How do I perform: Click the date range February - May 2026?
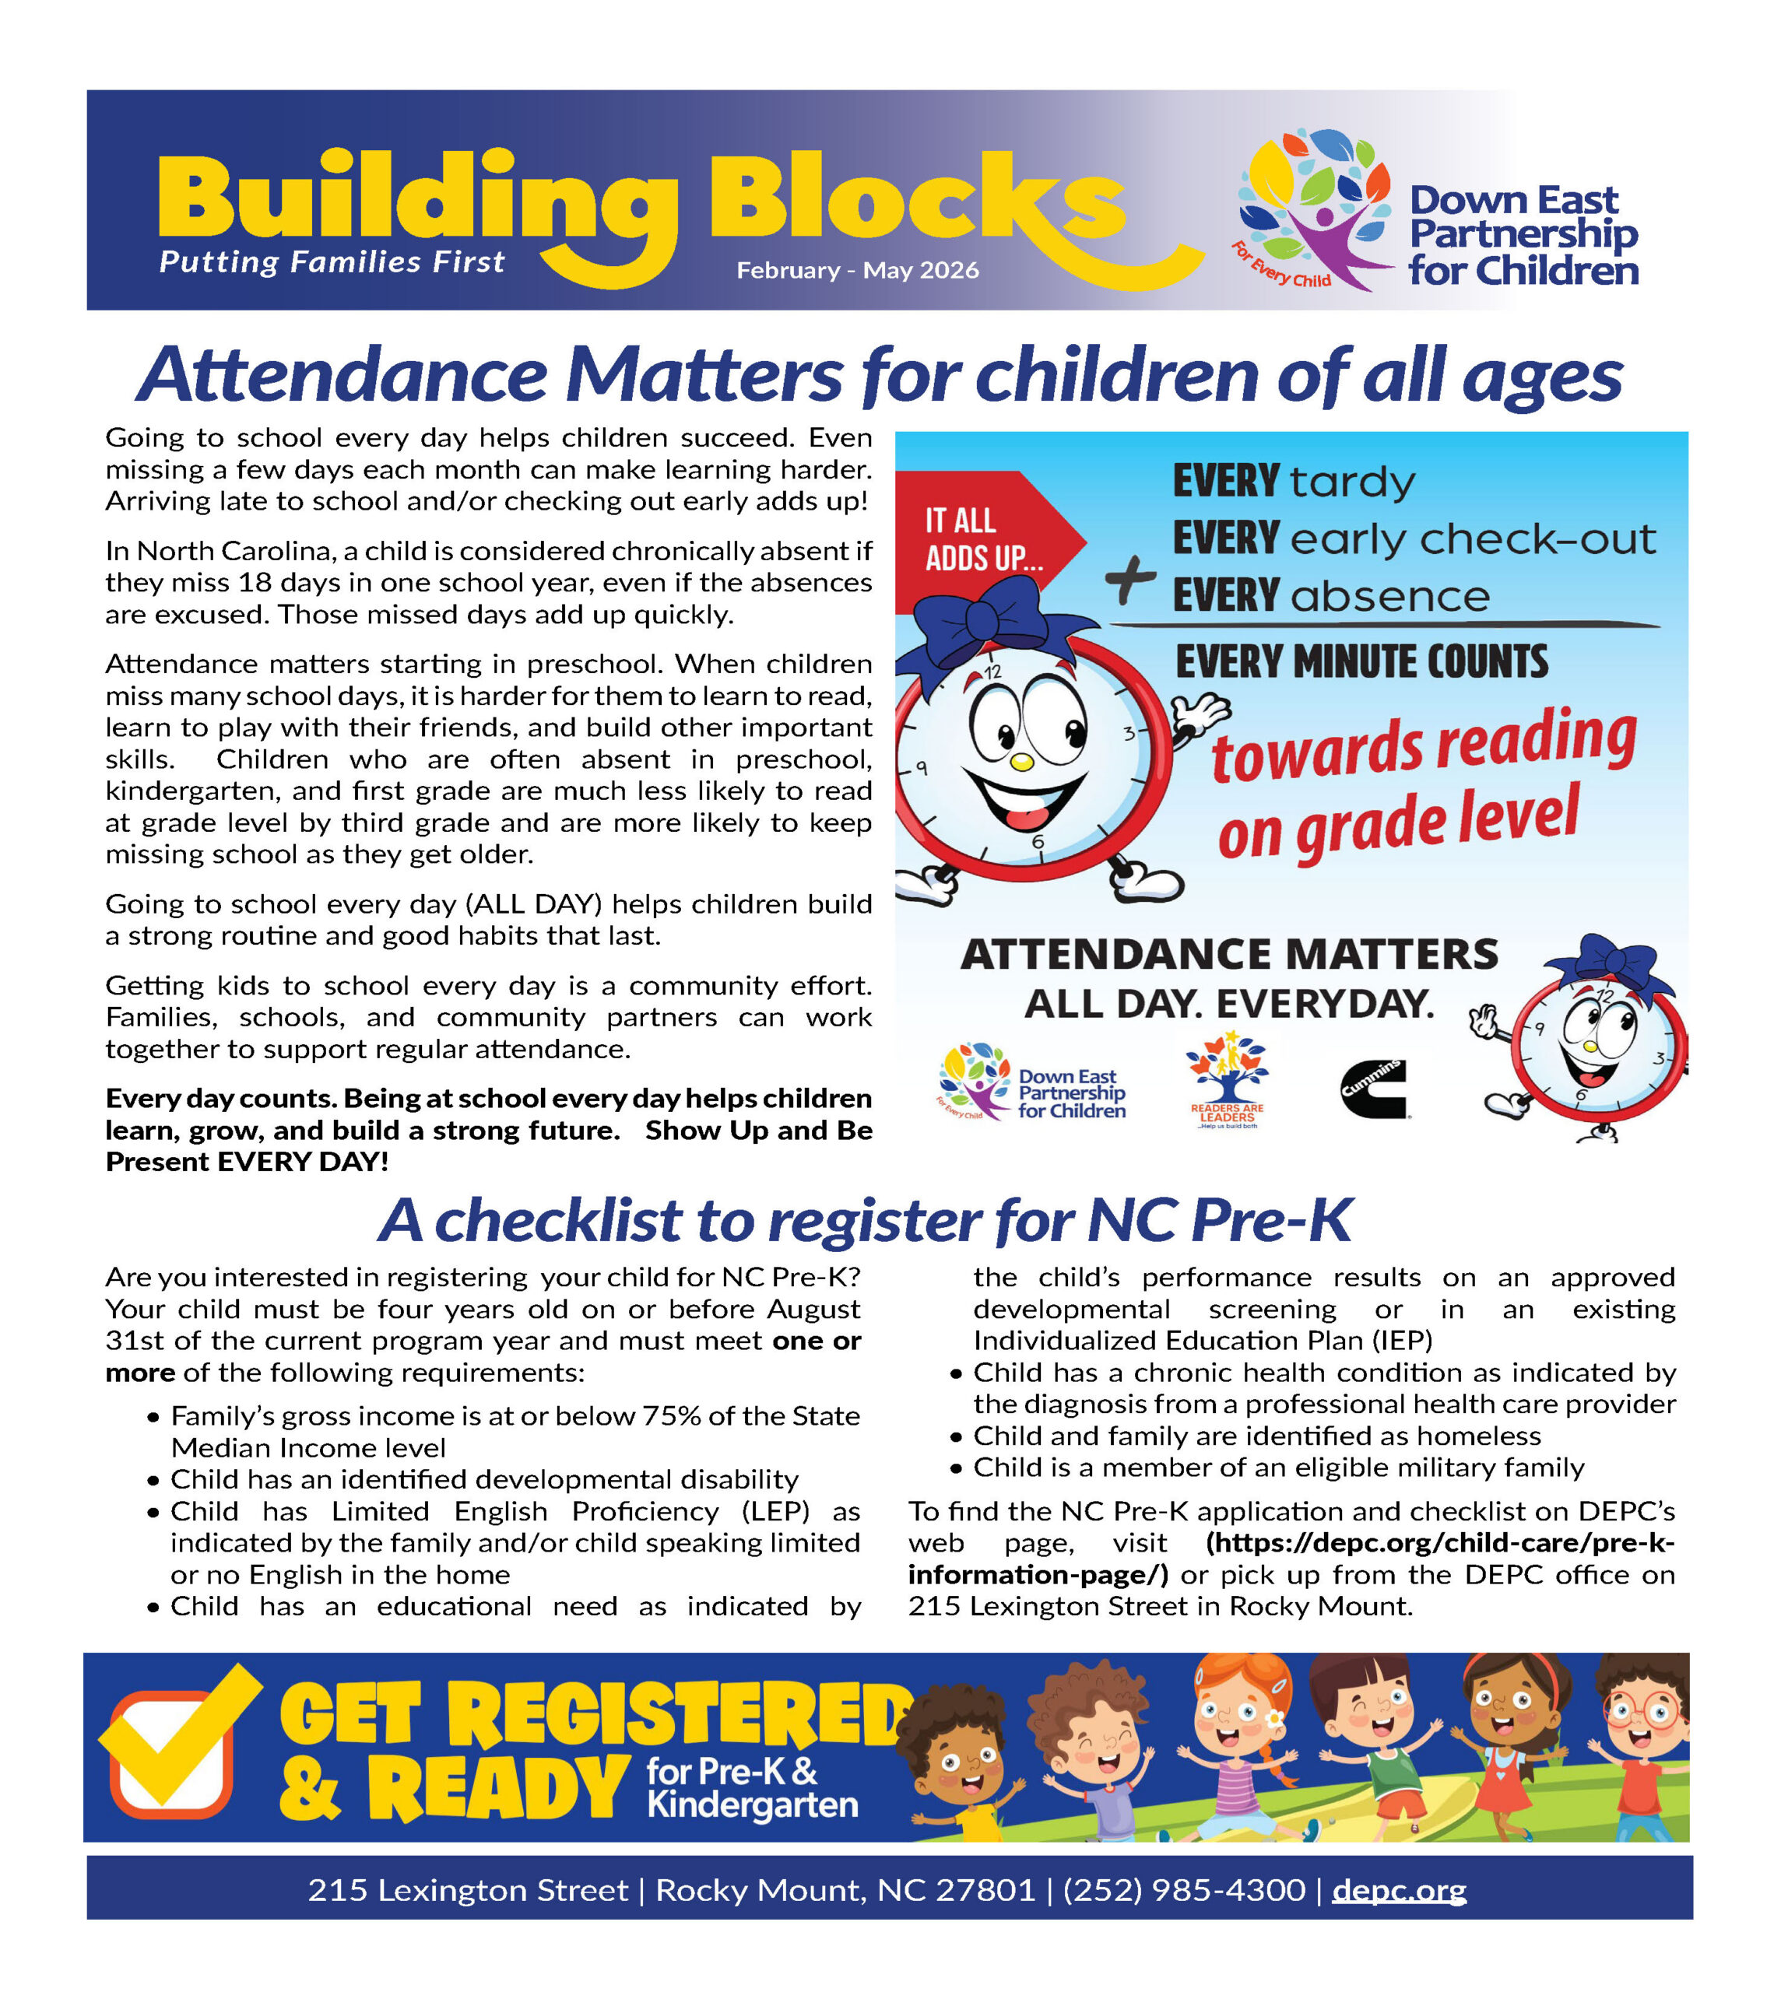pos(857,270)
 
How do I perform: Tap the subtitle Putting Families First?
pos(332,262)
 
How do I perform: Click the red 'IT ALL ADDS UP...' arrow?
pos(983,539)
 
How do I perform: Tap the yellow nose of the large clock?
pos(1020,761)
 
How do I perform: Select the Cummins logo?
pos(1373,1088)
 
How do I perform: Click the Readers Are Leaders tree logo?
pos(1226,1078)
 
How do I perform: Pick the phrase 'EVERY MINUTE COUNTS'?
pos(1361,662)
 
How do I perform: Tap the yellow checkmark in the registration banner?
pos(181,1736)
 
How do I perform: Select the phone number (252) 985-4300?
pos(1183,1889)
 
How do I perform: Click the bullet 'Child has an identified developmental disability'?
pos(484,1479)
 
